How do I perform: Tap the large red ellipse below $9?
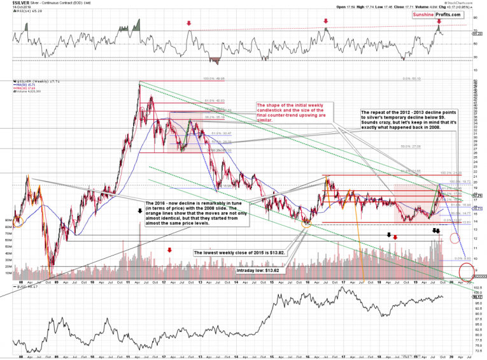click(x=467, y=270)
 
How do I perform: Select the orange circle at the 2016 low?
click(x=307, y=221)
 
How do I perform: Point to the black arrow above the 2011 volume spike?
click(x=139, y=210)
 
